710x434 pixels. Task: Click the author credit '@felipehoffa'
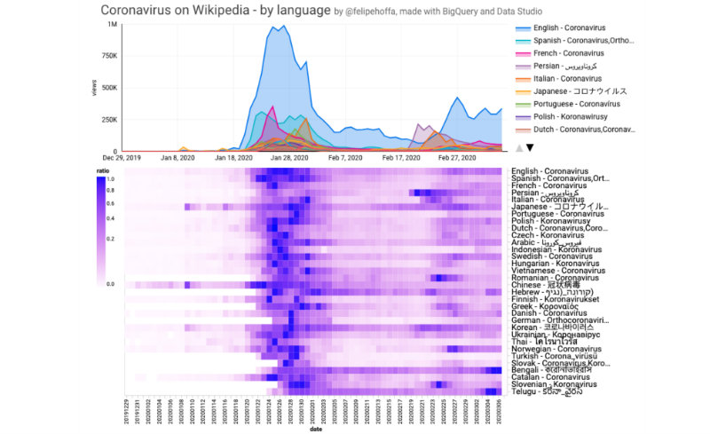(x=381, y=12)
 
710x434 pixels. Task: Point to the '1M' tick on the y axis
(x=112, y=25)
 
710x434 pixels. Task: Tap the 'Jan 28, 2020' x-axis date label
(x=288, y=158)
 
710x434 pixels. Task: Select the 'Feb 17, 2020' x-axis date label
(x=399, y=158)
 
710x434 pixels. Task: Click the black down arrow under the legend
(x=530, y=148)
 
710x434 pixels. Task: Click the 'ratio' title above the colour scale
(x=104, y=170)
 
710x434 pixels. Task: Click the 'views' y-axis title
(x=94, y=113)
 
